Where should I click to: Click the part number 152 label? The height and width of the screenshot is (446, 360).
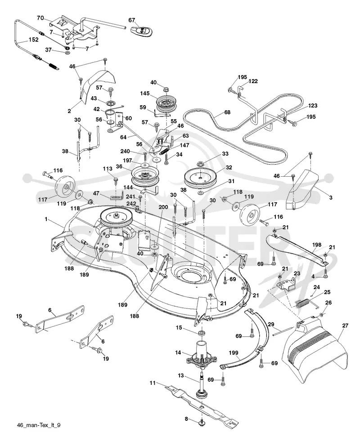pos(34,40)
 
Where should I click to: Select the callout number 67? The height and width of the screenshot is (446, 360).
pos(131,20)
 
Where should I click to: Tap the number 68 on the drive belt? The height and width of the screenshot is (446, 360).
pos(227,112)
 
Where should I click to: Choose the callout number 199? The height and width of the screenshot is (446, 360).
pos(234,353)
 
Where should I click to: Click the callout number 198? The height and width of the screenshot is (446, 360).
pos(316,245)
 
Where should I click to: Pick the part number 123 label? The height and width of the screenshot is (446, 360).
pos(312,106)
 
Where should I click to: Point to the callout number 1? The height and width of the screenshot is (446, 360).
pos(46,219)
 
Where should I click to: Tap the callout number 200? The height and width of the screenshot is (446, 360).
pos(163,207)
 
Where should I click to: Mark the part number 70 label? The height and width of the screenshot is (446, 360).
pos(40,18)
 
